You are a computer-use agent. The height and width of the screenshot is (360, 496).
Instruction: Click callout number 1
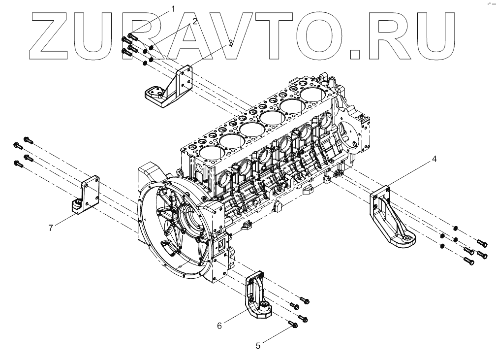(173, 8)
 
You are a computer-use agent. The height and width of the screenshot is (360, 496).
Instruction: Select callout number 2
(195, 21)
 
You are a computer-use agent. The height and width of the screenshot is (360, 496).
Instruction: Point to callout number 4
(434, 159)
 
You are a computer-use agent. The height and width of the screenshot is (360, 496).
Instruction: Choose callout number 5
(258, 346)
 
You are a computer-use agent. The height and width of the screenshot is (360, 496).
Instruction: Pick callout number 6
(219, 325)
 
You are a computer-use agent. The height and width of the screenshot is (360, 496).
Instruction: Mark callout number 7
(50, 227)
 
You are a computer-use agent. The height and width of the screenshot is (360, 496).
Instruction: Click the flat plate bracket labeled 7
(89, 195)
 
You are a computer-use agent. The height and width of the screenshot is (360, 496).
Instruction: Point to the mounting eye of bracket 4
(408, 240)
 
